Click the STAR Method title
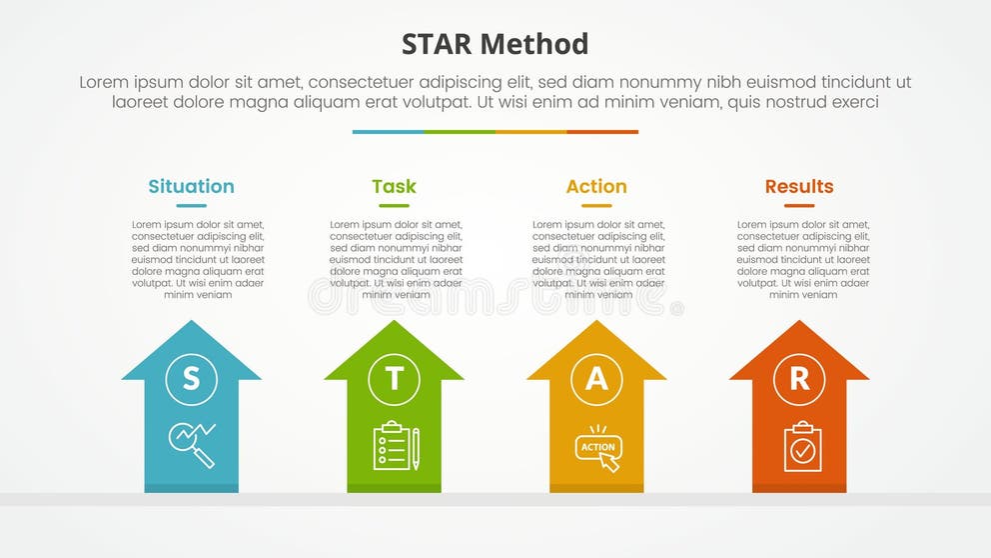pyautogui.click(x=495, y=44)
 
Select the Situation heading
pyautogui.click(x=191, y=186)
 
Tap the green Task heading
pyautogui.click(x=394, y=186)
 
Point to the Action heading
pyautogui.click(x=596, y=186)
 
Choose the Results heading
pyautogui.click(x=799, y=186)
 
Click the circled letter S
pyautogui.click(x=191, y=379)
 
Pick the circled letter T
pyautogui.click(x=394, y=379)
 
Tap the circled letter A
pyautogui.click(x=596, y=379)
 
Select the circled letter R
pyautogui.click(x=799, y=379)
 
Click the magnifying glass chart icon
pyautogui.click(x=192, y=444)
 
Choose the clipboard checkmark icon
pyautogui.click(x=801, y=446)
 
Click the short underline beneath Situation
pyautogui.click(x=191, y=206)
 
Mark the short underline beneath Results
pyautogui.click(x=799, y=206)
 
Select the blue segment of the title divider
pyautogui.click(x=388, y=132)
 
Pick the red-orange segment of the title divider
pyautogui.click(x=602, y=132)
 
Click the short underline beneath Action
pyautogui.click(x=596, y=206)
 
